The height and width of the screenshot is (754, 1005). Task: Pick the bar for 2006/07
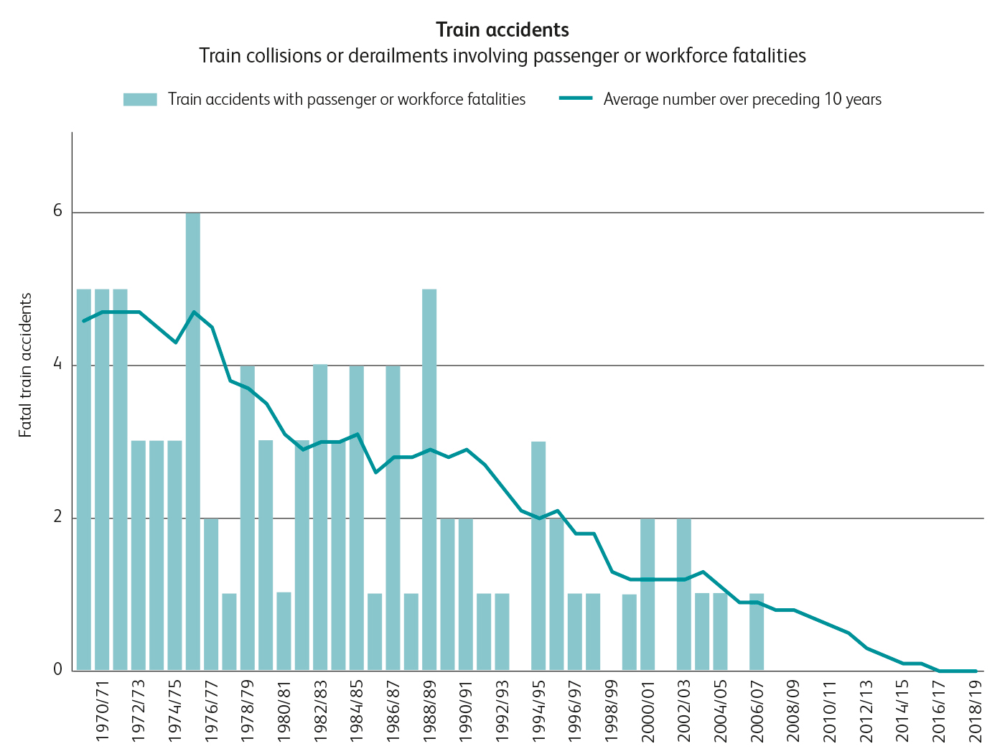click(757, 632)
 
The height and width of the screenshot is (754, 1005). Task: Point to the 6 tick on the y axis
click(57, 212)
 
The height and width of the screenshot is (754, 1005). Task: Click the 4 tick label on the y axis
click(57, 365)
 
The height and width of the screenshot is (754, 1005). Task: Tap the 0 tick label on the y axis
click(57, 670)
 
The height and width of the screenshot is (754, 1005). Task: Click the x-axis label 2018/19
click(975, 711)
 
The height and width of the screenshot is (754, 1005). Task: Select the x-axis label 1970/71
click(102, 711)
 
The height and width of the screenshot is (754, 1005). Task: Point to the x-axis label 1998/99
click(611, 711)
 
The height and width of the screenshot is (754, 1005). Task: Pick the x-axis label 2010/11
click(829, 711)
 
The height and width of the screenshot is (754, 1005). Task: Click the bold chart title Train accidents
click(502, 30)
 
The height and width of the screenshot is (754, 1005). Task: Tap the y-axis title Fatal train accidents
click(26, 365)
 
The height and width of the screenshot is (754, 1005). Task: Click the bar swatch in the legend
click(140, 99)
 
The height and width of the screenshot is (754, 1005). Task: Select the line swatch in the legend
click(576, 98)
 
